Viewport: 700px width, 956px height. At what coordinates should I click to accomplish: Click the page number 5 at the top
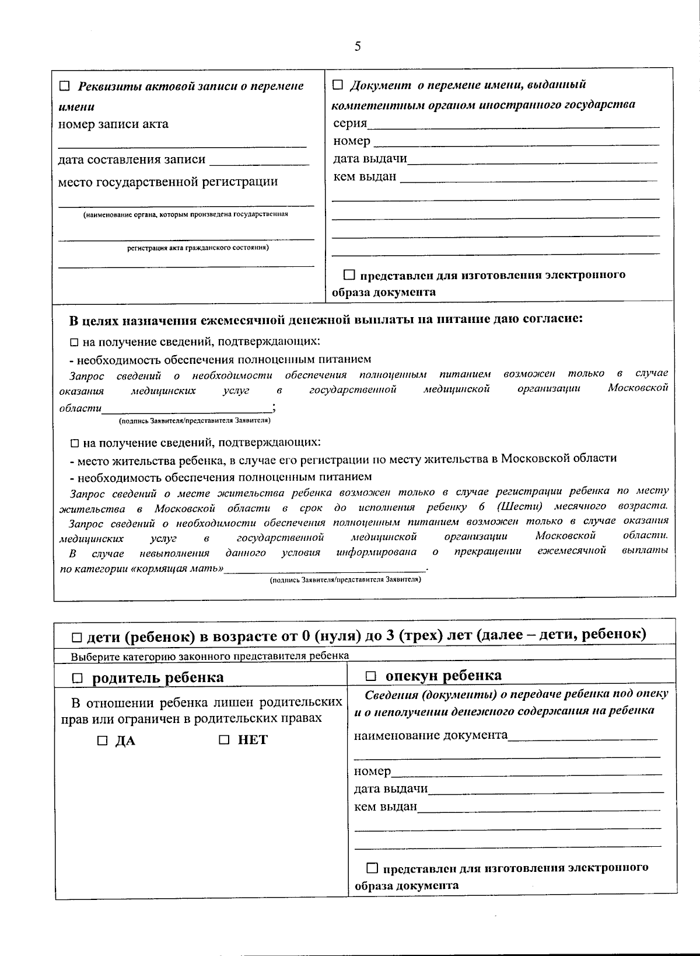358,47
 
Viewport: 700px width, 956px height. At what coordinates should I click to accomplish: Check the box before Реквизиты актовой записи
65,86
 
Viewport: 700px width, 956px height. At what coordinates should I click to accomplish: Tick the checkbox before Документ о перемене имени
338,85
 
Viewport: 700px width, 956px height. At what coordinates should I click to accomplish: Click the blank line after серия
513,125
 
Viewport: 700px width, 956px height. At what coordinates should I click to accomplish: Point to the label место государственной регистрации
168,182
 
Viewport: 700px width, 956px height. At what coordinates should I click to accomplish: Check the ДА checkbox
103,741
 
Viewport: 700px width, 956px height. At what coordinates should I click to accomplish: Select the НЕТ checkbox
225,740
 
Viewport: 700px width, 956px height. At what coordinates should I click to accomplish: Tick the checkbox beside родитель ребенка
78,678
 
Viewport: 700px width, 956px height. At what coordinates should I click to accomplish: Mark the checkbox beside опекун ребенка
371,676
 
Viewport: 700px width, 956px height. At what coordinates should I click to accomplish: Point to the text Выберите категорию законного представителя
210,656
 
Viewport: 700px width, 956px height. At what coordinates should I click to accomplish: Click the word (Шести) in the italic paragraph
519,506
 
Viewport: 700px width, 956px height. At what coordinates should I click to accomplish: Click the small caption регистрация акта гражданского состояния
198,248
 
